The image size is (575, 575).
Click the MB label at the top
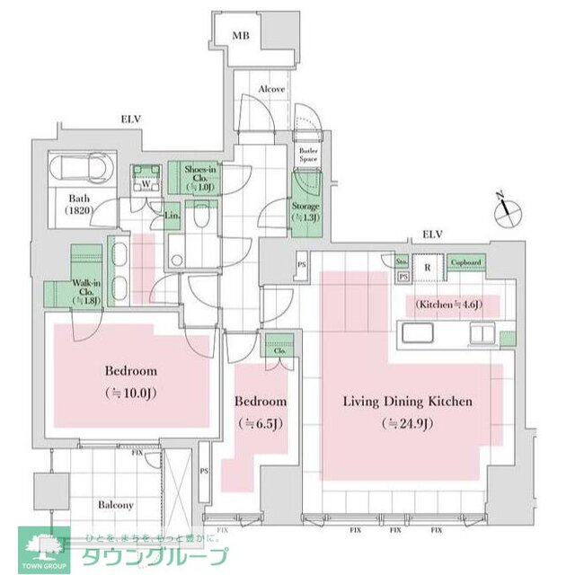point(240,36)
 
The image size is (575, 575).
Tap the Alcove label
point(271,90)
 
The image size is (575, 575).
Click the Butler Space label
point(309,154)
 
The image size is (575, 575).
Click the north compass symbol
point(507,208)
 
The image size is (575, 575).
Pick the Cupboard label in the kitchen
point(465,262)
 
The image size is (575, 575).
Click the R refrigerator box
point(429,266)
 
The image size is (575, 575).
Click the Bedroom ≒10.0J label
point(131,380)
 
